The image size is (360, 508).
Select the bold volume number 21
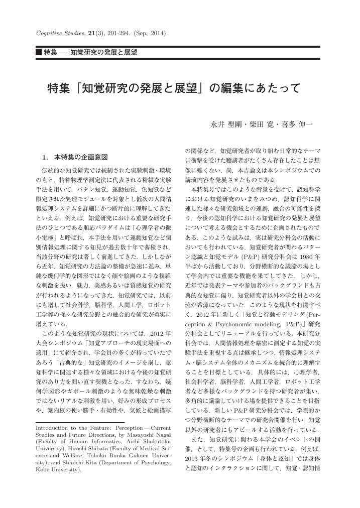click(92, 33)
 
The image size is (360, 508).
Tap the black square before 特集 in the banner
click(39, 52)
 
